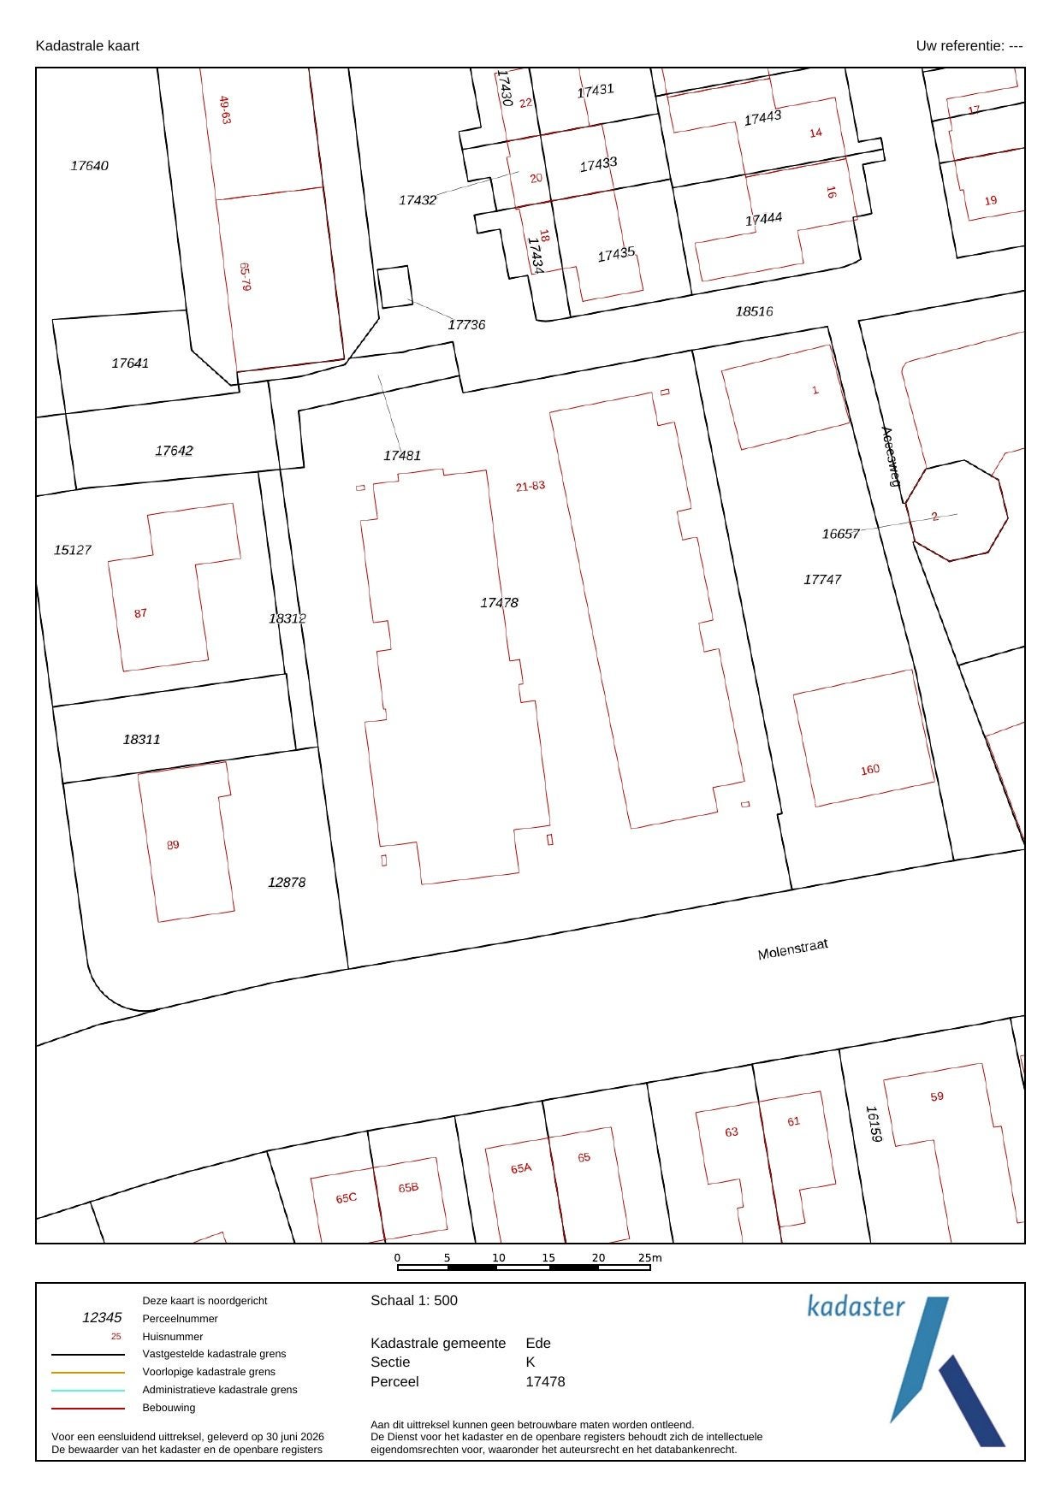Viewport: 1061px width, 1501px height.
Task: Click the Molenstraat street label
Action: pos(792,949)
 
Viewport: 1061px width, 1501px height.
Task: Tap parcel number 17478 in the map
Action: pos(499,603)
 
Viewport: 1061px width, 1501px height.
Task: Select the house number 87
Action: pos(140,613)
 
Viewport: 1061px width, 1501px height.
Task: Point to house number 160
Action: pos(870,770)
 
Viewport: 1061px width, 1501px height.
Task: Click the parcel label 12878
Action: pos(287,883)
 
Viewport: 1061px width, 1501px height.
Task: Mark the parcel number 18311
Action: pos(141,740)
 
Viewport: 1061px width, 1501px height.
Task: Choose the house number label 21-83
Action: pos(530,486)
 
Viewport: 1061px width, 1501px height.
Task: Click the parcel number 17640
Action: pos(89,166)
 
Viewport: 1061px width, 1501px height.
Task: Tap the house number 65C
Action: pos(347,1198)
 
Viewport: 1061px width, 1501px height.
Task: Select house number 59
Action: pos(937,1096)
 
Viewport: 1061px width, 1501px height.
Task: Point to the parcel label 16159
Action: pos(873,1125)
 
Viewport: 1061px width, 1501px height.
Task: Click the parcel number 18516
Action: pos(754,311)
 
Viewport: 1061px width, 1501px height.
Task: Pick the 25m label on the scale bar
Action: pos(650,1258)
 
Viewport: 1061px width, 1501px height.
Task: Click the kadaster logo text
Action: pos(856,1306)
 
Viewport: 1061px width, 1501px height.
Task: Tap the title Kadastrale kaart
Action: pos(87,46)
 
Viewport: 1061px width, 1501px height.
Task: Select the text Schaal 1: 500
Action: pos(414,1301)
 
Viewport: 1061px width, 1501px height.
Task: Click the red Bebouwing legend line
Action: pos(88,1408)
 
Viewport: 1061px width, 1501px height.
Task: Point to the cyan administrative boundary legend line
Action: pos(88,1390)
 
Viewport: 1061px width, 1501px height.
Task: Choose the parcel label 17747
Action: pos(822,580)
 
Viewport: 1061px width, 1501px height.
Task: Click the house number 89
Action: pos(173,845)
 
